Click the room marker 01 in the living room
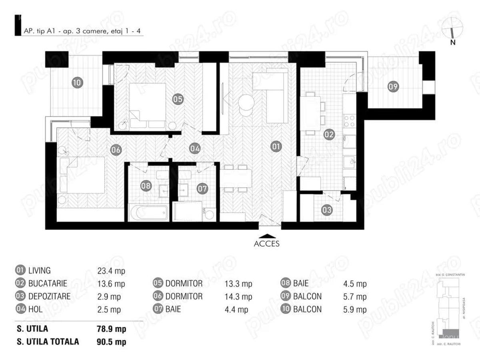click(275, 147)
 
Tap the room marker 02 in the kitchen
click(329, 135)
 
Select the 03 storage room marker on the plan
click(327, 209)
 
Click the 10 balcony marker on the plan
click(77, 83)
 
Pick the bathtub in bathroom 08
click(148, 212)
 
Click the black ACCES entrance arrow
click(267, 236)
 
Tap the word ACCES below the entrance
click(267, 244)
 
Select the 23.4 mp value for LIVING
click(111, 271)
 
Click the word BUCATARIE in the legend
click(47, 284)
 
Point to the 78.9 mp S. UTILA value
click(112, 329)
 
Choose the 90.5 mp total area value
click(112, 342)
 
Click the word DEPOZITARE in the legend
click(49, 296)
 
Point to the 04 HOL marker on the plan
click(195, 148)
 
